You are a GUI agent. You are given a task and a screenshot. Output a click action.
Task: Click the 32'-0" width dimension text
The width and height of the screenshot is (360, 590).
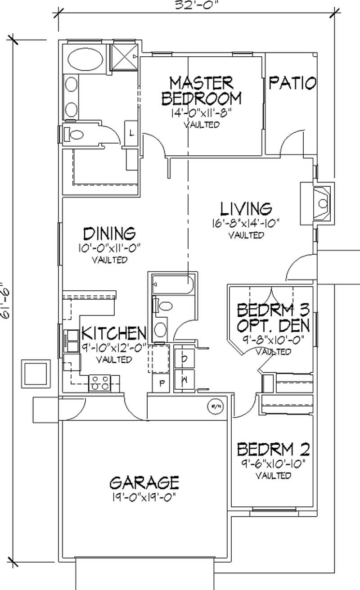click(197, 5)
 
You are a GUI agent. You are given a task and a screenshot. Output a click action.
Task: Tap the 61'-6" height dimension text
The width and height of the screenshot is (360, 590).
click(5, 301)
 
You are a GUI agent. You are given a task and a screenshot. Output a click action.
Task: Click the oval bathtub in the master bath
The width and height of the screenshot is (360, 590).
click(85, 59)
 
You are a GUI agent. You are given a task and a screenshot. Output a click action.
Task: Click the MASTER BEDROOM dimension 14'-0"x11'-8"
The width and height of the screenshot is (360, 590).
click(202, 113)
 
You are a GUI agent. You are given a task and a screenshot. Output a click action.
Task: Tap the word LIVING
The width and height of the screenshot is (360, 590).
click(246, 209)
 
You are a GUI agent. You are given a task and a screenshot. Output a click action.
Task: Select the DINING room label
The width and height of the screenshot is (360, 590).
click(109, 234)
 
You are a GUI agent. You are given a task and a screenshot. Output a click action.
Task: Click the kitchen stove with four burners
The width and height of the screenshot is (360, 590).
click(99, 383)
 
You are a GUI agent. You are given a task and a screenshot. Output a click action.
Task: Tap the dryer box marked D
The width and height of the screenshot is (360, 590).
click(184, 358)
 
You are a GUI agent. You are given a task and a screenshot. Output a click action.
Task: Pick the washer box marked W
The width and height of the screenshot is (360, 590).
click(184, 379)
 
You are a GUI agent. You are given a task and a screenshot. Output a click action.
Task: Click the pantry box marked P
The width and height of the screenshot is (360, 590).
click(161, 383)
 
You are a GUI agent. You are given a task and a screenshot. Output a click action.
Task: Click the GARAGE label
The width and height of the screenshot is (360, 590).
click(144, 482)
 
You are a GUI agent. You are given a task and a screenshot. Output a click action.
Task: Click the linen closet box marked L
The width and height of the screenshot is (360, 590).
click(131, 133)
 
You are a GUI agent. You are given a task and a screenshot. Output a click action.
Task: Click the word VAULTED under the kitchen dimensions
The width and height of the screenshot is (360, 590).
click(114, 360)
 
